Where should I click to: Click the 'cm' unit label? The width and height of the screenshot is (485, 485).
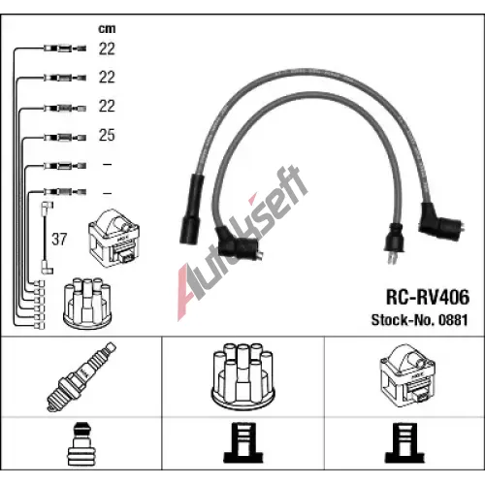pos(107,29)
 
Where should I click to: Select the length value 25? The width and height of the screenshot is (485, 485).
pos(107,135)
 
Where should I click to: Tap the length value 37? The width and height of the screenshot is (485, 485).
pos(59,240)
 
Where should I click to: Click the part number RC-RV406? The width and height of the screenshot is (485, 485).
pos(428,297)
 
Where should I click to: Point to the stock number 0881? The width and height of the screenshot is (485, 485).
pos(453,320)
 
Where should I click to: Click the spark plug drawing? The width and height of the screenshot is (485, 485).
pos(81,376)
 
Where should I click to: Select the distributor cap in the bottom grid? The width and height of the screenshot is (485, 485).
pos(242,377)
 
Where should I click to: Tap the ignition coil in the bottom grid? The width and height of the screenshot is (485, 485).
pos(407,375)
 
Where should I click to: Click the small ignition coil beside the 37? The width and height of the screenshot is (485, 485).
pos(113,239)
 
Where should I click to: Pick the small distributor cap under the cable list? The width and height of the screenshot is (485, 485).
pos(87,303)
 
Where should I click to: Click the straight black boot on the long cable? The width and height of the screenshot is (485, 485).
pos(192,210)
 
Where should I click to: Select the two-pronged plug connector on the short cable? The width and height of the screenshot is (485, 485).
pos(394,242)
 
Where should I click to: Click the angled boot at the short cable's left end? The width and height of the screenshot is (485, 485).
pos(238,243)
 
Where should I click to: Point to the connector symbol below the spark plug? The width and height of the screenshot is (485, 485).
pos(81,444)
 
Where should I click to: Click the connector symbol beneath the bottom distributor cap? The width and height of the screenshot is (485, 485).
pos(243,443)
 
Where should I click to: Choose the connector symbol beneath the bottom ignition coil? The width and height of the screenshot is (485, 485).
pos(404,443)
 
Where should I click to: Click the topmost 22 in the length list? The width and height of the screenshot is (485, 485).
pos(107,48)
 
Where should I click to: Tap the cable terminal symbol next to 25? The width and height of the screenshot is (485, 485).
pos(65,138)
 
